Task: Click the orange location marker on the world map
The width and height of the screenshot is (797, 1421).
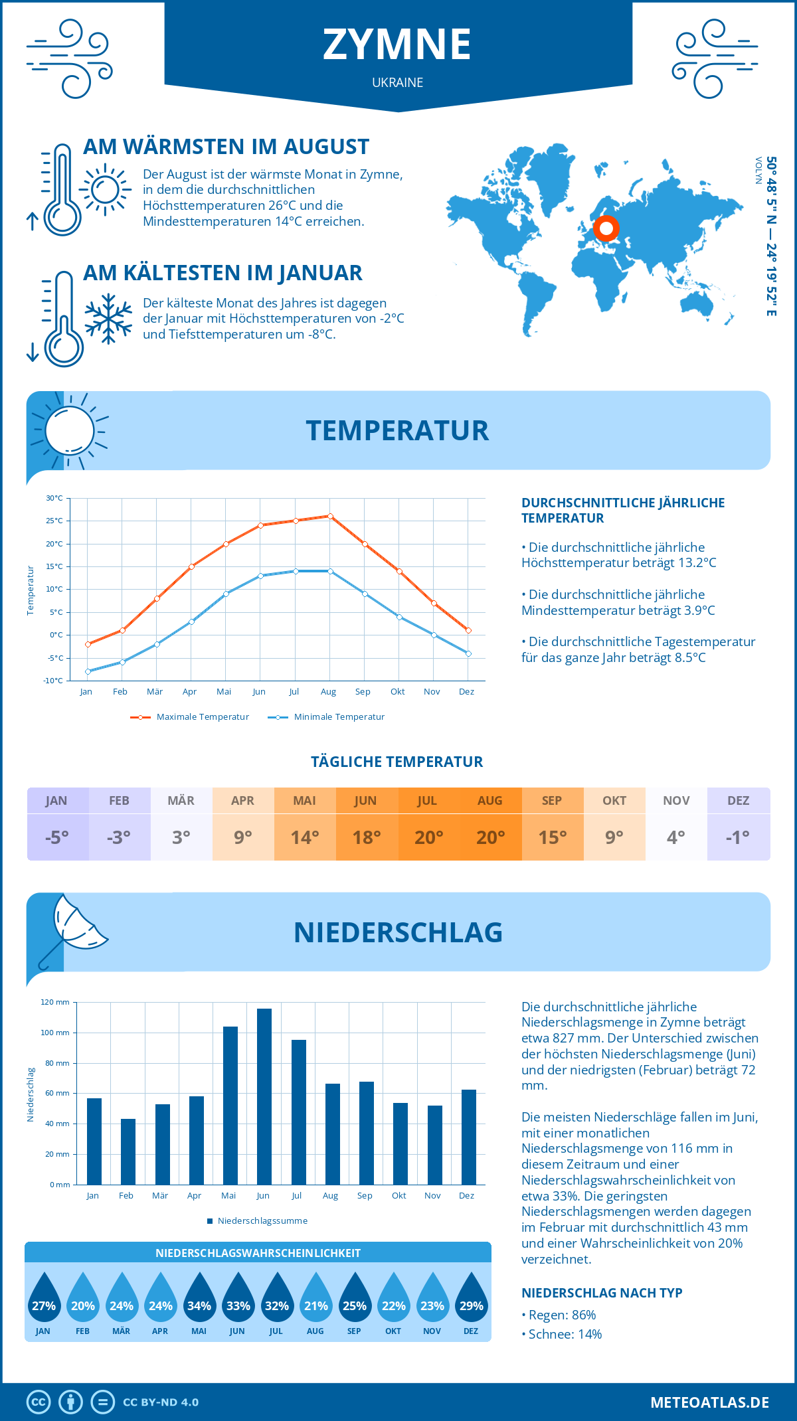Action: [606, 228]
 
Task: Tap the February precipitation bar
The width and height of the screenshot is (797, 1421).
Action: [128, 1151]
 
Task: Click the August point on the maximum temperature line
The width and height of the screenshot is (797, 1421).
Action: [330, 516]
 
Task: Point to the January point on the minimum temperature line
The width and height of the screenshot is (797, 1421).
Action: [88, 671]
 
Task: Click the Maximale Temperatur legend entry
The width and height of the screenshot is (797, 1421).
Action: [190, 717]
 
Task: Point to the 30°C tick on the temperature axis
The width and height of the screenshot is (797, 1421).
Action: [54, 498]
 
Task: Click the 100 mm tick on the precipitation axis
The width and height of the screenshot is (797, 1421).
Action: [55, 1033]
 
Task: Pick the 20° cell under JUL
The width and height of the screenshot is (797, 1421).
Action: [428, 837]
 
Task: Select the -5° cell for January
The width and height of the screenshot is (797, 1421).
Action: [57, 837]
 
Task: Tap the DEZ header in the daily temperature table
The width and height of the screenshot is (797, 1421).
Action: [738, 801]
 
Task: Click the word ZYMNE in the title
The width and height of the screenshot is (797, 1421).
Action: [397, 44]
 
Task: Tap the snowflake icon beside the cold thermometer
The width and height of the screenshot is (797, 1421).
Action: [108, 319]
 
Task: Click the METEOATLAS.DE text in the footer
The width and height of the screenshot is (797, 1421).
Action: [709, 1402]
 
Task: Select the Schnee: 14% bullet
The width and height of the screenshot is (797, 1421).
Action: [562, 1334]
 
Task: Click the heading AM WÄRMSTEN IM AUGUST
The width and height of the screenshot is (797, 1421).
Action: [226, 147]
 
